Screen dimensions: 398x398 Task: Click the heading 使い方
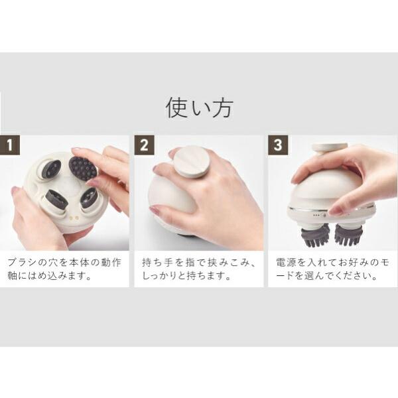point(199,107)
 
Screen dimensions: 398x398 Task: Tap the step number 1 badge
point(10,145)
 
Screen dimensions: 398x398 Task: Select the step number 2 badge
point(144,145)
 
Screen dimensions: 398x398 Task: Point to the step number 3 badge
point(278,145)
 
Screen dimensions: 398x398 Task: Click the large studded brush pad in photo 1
point(83,168)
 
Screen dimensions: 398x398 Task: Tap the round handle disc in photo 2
point(192,162)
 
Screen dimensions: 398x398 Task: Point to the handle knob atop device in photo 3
point(330,149)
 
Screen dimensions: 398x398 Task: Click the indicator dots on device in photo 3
point(316,215)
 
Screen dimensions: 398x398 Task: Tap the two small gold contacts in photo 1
point(74,218)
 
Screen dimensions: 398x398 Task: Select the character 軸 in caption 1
point(13,276)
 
